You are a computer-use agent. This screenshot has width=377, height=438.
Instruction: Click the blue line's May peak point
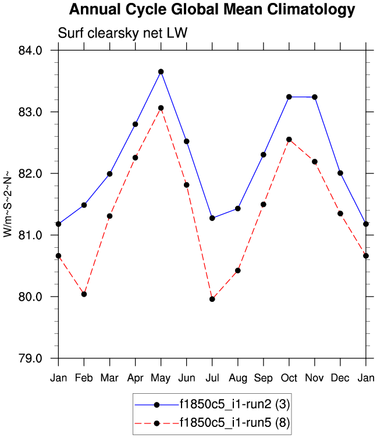(x=161, y=72)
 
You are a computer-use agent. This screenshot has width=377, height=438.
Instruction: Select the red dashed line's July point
(x=212, y=299)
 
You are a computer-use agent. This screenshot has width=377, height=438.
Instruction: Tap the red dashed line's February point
(x=84, y=294)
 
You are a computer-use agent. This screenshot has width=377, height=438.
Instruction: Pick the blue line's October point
(x=289, y=97)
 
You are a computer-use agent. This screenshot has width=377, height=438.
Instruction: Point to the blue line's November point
(x=315, y=97)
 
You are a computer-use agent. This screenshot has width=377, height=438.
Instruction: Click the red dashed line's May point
(x=161, y=108)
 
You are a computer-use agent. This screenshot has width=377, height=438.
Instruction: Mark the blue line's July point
(x=212, y=218)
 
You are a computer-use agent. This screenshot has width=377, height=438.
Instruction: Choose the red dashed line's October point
(x=289, y=140)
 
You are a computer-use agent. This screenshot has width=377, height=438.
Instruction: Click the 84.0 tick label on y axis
(x=31, y=51)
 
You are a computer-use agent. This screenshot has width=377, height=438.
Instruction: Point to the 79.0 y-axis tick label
(x=31, y=358)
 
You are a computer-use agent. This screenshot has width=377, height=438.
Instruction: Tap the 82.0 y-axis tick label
(x=31, y=174)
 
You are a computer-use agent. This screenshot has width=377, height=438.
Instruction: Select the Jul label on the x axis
(x=212, y=378)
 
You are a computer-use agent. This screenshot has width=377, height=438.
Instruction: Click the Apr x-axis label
(x=136, y=378)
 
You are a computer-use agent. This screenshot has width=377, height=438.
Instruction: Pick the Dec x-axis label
(x=340, y=378)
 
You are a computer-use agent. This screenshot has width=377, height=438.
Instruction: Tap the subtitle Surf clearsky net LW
(x=122, y=33)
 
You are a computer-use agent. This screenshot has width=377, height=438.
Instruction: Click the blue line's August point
(x=238, y=208)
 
